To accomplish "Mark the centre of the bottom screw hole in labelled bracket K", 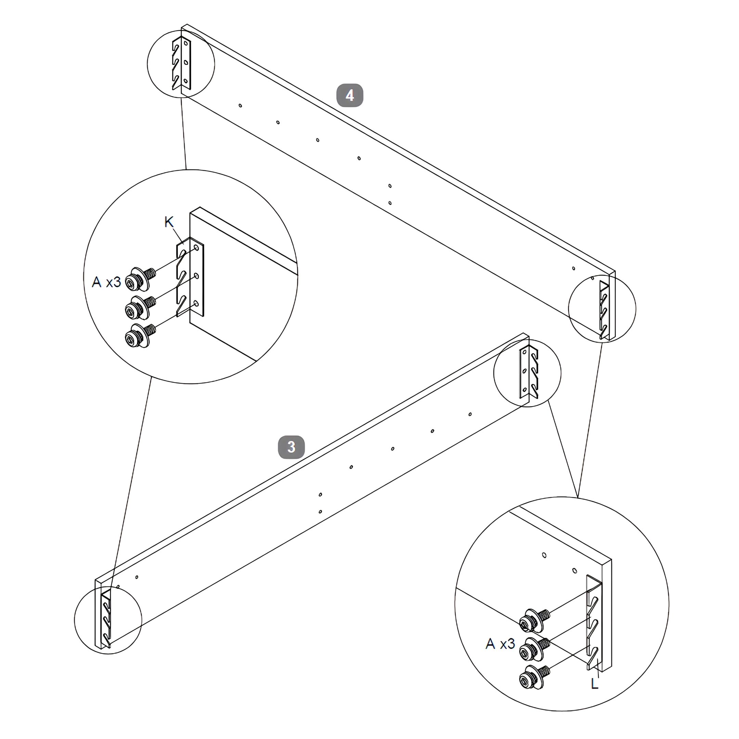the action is click(x=196, y=303).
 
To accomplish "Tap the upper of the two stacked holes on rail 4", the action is click(x=390, y=186).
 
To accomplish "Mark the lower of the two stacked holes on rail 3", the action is click(x=320, y=511).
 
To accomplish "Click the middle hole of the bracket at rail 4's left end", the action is click(x=186, y=62).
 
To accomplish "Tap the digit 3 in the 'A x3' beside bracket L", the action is click(x=511, y=644).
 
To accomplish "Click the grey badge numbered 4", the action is click(x=350, y=95).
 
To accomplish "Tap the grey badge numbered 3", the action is click(x=291, y=447).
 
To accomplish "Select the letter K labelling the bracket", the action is click(x=169, y=222).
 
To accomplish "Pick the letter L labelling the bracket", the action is click(x=594, y=684).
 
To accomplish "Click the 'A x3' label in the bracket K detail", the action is click(x=106, y=282).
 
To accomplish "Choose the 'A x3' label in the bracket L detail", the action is click(x=500, y=644).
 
